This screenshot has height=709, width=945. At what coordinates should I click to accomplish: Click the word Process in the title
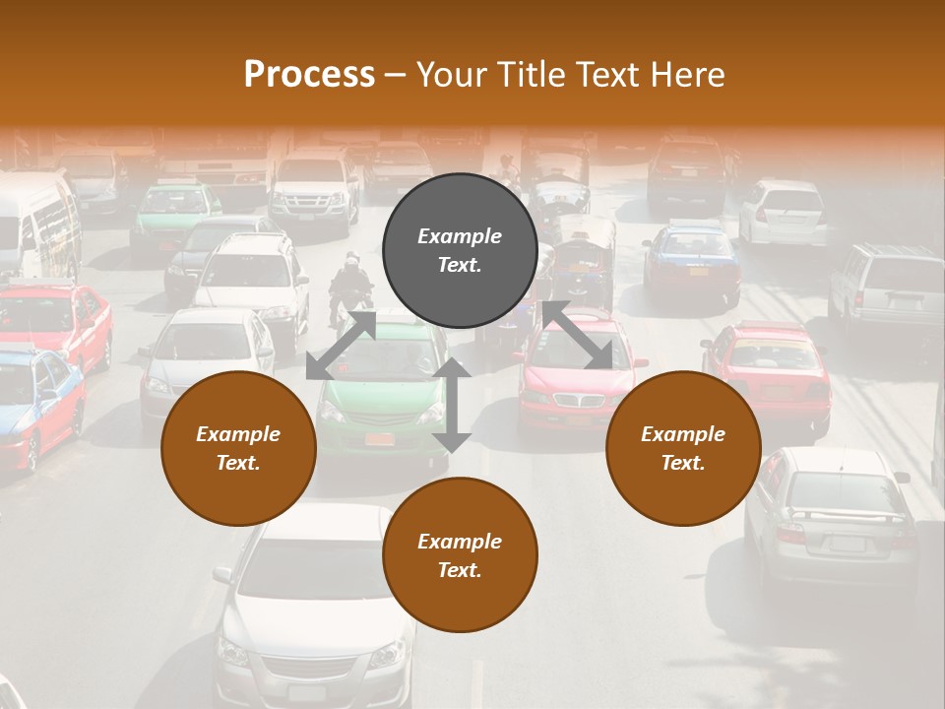[309, 75]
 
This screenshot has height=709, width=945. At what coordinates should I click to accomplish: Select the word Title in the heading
[534, 75]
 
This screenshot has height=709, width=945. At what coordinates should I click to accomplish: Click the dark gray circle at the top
[460, 250]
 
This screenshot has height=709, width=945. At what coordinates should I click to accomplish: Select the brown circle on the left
[238, 448]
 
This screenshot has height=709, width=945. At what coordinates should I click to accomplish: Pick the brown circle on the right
[683, 448]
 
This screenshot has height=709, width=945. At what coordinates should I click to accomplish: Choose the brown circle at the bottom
[460, 555]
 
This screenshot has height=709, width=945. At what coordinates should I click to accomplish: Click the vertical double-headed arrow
[452, 405]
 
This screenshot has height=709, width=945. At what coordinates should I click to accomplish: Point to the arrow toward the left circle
[341, 345]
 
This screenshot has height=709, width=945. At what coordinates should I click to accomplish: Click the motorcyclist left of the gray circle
[351, 286]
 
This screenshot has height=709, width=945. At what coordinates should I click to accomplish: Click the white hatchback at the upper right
[785, 212]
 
